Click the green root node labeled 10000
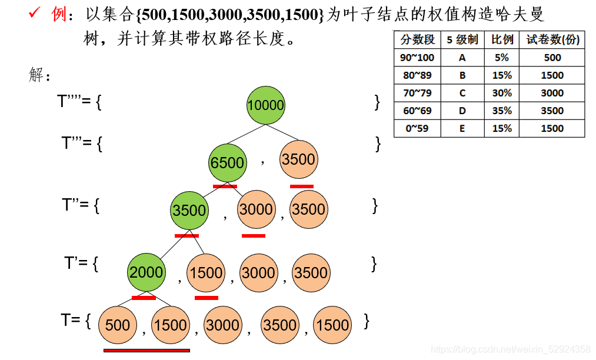pos(265,105)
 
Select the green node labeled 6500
pos(227,162)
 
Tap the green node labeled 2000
pos(146,272)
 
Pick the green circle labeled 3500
pos(189,211)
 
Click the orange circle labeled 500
pos(118,325)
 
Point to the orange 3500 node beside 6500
pos(298,159)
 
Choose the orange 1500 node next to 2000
pos(206,272)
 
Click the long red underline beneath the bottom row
pos(146,351)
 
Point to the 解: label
pos(40,75)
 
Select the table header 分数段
pos(417,39)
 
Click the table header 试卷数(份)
pos(552,39)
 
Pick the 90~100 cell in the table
pos(417,58)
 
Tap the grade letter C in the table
pos(462,93)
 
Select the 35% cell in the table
pos(502,111)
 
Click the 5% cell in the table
pos(502,58)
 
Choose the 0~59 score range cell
pos(417,128)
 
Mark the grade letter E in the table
pos(462,128)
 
